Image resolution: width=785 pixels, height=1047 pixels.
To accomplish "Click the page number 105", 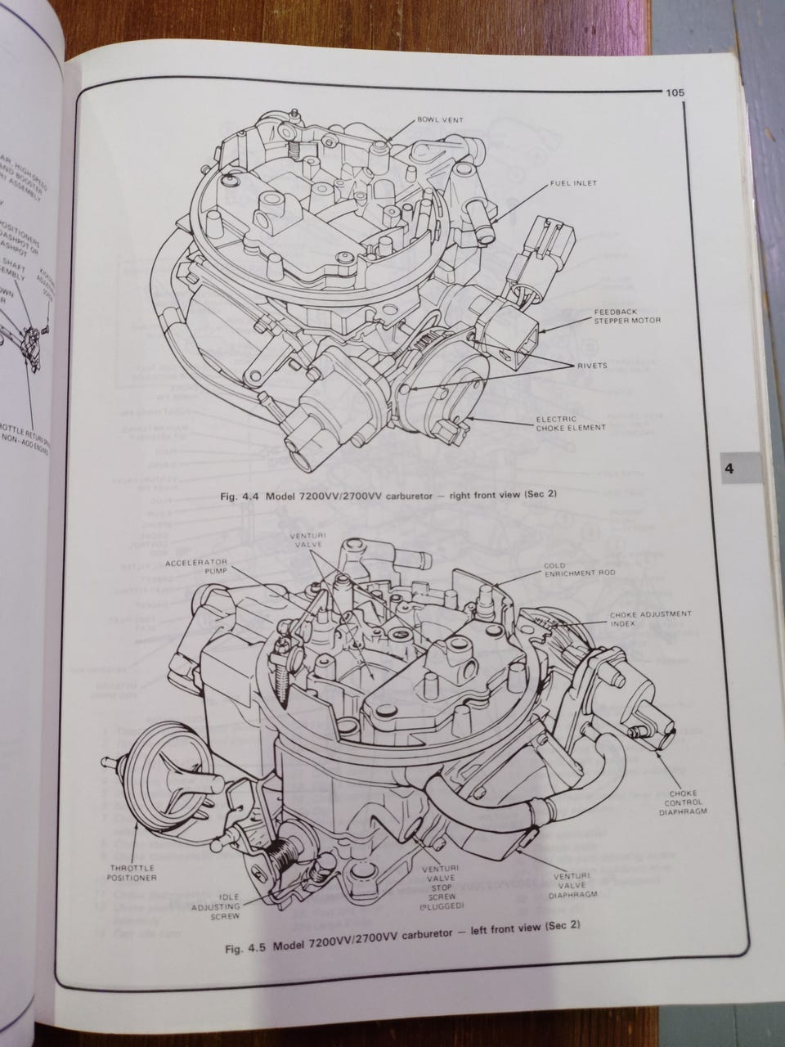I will pos(675,93).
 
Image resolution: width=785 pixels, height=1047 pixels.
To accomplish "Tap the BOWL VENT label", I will pos(440,119).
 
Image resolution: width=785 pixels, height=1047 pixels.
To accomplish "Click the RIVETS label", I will pos(591,365).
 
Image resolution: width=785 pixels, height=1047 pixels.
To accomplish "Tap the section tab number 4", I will pos(729,470).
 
